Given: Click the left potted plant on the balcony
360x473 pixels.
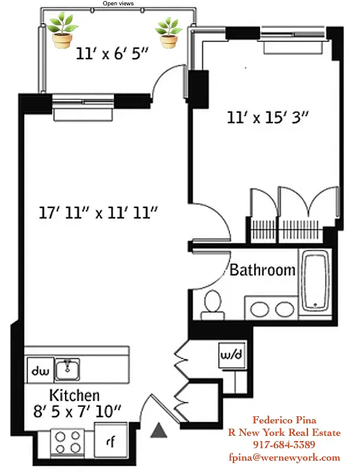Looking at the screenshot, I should (62, 31).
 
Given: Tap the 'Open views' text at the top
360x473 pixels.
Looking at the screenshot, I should (118, 4).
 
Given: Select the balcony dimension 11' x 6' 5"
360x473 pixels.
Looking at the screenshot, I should (112, 54).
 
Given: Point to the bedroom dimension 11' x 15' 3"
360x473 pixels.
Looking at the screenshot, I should (268, 117).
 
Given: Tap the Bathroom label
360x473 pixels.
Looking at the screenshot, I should (262, 270).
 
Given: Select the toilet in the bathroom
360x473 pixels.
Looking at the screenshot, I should (211, 302).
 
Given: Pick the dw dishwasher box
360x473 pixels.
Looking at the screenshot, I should (40, 371).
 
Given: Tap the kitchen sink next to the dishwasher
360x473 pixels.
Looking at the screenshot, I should (69, 370).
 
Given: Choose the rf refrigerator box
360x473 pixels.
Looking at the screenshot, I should (110, 440).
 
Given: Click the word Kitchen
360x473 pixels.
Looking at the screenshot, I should (74, 395).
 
